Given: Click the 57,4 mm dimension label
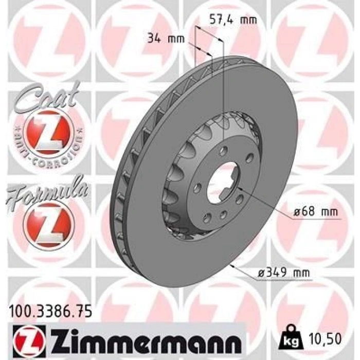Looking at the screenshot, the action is tap(233, 20).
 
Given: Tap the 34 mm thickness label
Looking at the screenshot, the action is tap(166, 39).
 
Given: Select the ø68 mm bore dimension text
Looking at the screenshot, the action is tap(316, 212).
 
